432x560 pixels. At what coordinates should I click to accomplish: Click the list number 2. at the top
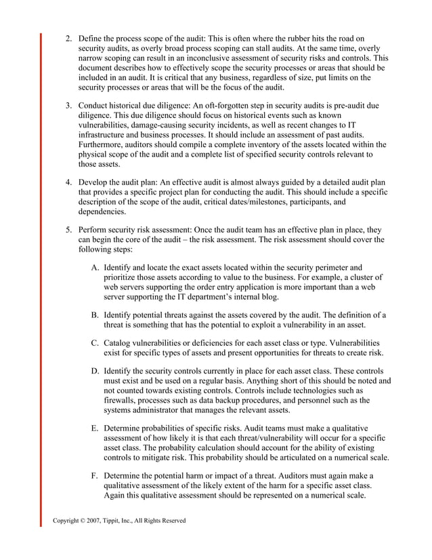coord(69,39)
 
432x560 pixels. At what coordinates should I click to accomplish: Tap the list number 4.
coord(69,182)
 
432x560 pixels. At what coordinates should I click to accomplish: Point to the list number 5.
coord(69,229)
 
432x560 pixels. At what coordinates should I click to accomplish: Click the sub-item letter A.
coord(95,266)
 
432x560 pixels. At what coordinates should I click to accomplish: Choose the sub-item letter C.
coord(95,342)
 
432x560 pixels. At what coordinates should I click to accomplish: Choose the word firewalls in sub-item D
coord(122,400)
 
